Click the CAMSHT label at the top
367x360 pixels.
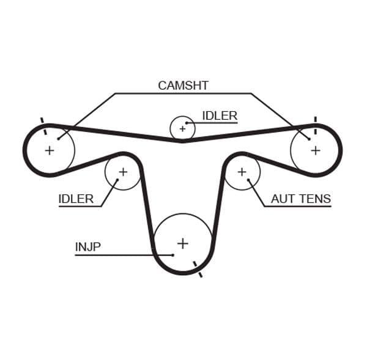point(183,86)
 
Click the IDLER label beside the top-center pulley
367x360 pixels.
point(220,116)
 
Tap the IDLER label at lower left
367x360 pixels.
point(76,199)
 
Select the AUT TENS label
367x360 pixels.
point(300,199)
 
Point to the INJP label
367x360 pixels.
point(88,247)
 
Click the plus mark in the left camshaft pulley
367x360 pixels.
point(50,150)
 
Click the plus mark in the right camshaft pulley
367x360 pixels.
point(315,150)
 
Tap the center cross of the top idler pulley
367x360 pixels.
point(182,129)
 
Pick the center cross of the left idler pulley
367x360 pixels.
point(122,172)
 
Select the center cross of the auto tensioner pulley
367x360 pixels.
point(242,172)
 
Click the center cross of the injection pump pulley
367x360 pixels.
point(182,243)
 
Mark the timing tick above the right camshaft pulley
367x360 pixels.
point(315,120)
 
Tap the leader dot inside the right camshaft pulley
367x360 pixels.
point(310,139)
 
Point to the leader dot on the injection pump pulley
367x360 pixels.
point(174,254)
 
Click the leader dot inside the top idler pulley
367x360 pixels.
point(186,123)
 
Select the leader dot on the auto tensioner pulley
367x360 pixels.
point(248,180)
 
